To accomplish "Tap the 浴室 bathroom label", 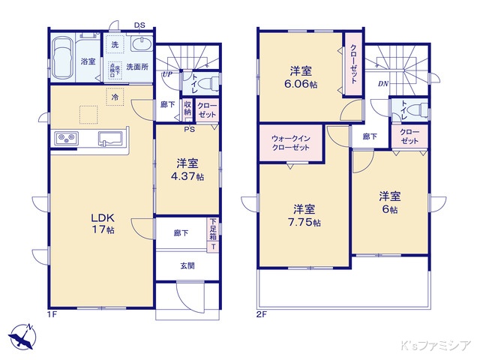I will pos(87,61).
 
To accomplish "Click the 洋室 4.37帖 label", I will pos(187,169).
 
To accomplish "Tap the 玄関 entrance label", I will pos(187,265).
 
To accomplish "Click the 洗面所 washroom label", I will pos(137,67).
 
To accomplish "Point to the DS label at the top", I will pos(139,25).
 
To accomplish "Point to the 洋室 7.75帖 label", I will pos(306,215).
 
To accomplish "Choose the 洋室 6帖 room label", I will pos(388,202).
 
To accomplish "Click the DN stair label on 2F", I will pos(382,83).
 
